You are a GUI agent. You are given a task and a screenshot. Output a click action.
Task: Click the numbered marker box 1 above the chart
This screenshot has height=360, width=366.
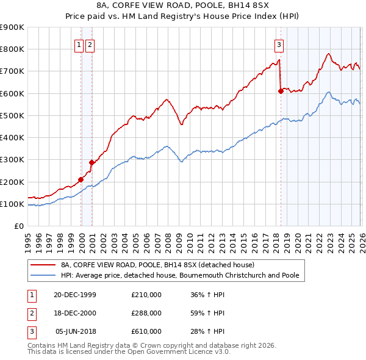click(79, 44)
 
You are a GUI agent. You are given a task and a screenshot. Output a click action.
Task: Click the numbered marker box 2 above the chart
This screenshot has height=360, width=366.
click(90, 44)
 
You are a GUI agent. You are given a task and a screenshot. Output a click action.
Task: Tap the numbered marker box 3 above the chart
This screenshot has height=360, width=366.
click(279, 44)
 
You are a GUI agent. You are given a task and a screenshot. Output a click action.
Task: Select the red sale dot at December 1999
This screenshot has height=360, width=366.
click(81, 179)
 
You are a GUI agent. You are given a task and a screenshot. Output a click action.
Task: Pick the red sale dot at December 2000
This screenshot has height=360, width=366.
click(92, 162)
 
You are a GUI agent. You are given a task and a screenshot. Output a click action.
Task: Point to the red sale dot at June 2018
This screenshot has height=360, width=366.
click(281, 91)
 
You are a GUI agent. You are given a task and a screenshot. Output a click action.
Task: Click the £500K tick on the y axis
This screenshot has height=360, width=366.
click(12, 115)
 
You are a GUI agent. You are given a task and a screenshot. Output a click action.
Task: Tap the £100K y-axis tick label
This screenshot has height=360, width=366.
click(12, 204)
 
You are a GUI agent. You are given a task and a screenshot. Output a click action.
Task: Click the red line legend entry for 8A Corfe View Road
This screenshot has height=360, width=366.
click(161, 265)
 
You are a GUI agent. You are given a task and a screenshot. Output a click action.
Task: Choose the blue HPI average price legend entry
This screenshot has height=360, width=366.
click(180, 276)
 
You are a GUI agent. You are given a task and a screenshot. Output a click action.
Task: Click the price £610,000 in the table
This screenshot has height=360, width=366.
click(146, 332)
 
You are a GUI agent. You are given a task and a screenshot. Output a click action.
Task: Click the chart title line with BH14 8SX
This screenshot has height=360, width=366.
click(182, 7)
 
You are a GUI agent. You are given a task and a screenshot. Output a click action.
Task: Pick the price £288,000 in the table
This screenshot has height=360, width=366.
click(146, 314)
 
